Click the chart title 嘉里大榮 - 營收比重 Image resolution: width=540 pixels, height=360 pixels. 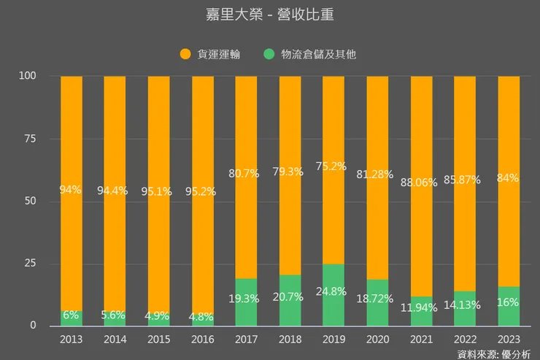(x=270, y=15)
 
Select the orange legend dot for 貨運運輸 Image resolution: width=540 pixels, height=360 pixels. (x=185, y=54)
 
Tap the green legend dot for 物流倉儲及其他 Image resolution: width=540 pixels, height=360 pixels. (x=269, y=54)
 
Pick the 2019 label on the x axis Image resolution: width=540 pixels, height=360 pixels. (x=333, y=340)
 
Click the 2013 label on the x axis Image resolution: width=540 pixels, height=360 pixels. (x=71, y=340)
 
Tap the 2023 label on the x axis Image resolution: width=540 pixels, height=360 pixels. (x=509, y=340)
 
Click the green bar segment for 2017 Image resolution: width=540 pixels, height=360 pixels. (x=246, y=288)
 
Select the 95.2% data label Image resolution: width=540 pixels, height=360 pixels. (x=202, y=191)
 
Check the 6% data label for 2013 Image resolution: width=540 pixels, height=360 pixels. (x=71, y=315)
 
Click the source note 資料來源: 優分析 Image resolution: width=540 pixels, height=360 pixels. (x=493, y=353)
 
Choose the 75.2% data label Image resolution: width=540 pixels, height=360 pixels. (x=333, y=166)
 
